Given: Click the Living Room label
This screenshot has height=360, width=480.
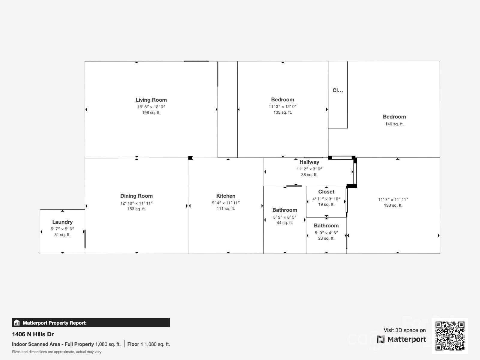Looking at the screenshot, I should tap(151, 100).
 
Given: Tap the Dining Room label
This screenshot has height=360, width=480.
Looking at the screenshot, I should tap(136, 196).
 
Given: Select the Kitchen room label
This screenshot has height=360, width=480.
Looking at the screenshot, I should tap(226, 196).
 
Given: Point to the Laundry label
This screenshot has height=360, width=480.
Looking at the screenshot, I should tap(62, 222).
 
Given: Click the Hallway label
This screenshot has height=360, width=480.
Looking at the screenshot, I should tap(309, 162).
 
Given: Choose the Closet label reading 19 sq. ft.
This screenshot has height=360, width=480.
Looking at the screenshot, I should tap(326, 192).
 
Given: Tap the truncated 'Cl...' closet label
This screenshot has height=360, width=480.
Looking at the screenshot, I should tap(337, 90).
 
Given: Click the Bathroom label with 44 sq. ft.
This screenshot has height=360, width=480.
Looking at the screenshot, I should tap(285, 210).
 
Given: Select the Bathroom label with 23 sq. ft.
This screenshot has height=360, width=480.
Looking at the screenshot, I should tap(326, 226).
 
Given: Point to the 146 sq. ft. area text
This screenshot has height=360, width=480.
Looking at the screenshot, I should tap(394, 124).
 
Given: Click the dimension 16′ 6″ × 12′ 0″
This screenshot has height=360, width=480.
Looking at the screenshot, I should tap(151, 107).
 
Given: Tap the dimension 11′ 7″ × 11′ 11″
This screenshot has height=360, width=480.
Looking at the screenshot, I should tap(393, 199).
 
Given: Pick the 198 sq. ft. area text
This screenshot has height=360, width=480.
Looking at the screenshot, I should tap(151, 113).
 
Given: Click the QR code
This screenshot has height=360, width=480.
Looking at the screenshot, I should tap(450, 336).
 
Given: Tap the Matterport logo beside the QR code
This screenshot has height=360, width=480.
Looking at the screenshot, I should tap(401, 339).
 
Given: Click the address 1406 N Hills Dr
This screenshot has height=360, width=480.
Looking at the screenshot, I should tap(33, 334).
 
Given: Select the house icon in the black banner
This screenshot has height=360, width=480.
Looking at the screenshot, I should tap(17, 323).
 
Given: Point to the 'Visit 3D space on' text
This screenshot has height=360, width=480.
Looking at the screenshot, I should tap(404, 330).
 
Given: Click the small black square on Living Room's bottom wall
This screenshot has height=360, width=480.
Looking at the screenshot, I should tap(190, 158).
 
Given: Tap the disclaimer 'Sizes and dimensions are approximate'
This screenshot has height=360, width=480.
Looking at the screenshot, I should tap(57, 352).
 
